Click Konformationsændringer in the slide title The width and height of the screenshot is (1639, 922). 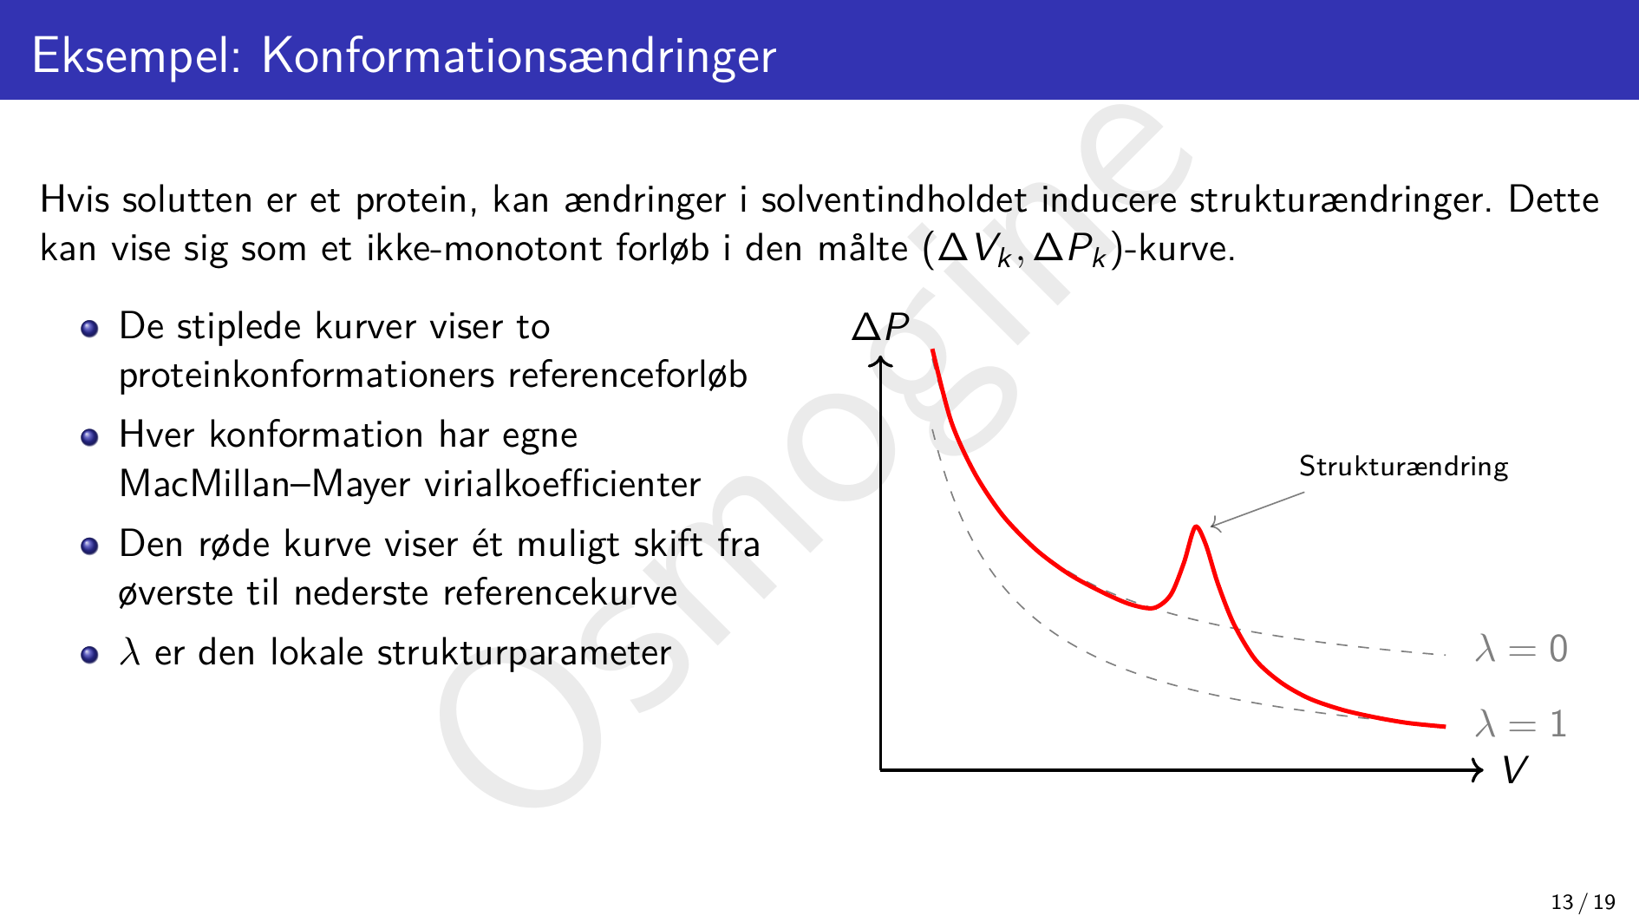coord(519,57)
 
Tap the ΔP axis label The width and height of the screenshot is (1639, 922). coord(880,327)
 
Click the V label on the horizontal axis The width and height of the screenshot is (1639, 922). coord(1514,769)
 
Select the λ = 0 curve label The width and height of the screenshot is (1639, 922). coord(1521,649)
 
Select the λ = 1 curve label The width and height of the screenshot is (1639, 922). coord(1521,723)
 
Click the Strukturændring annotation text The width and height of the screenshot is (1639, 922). coord(1403,468)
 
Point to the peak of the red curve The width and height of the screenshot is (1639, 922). coord(1196,526)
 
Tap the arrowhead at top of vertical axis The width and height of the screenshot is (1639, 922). coord(880,361)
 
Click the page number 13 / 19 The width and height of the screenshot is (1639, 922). coord(1583,902)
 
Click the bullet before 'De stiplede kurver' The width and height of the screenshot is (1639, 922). coord(89,330)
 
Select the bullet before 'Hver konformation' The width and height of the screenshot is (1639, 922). coord(89,437)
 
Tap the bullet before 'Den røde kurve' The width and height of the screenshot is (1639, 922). coord(89,546)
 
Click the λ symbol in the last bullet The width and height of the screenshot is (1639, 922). coord(129,652)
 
